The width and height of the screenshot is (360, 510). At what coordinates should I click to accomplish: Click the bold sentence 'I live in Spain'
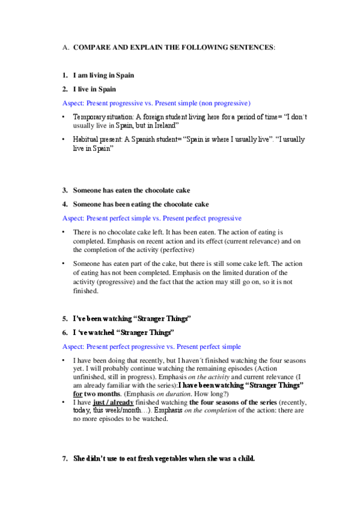pos(94,89)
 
